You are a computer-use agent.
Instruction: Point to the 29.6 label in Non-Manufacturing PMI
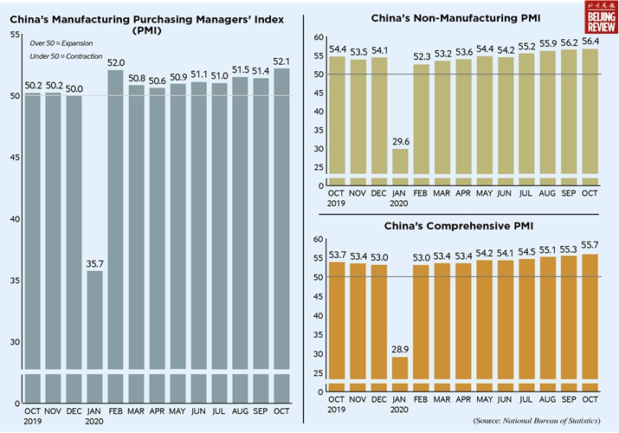click(399, 140)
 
